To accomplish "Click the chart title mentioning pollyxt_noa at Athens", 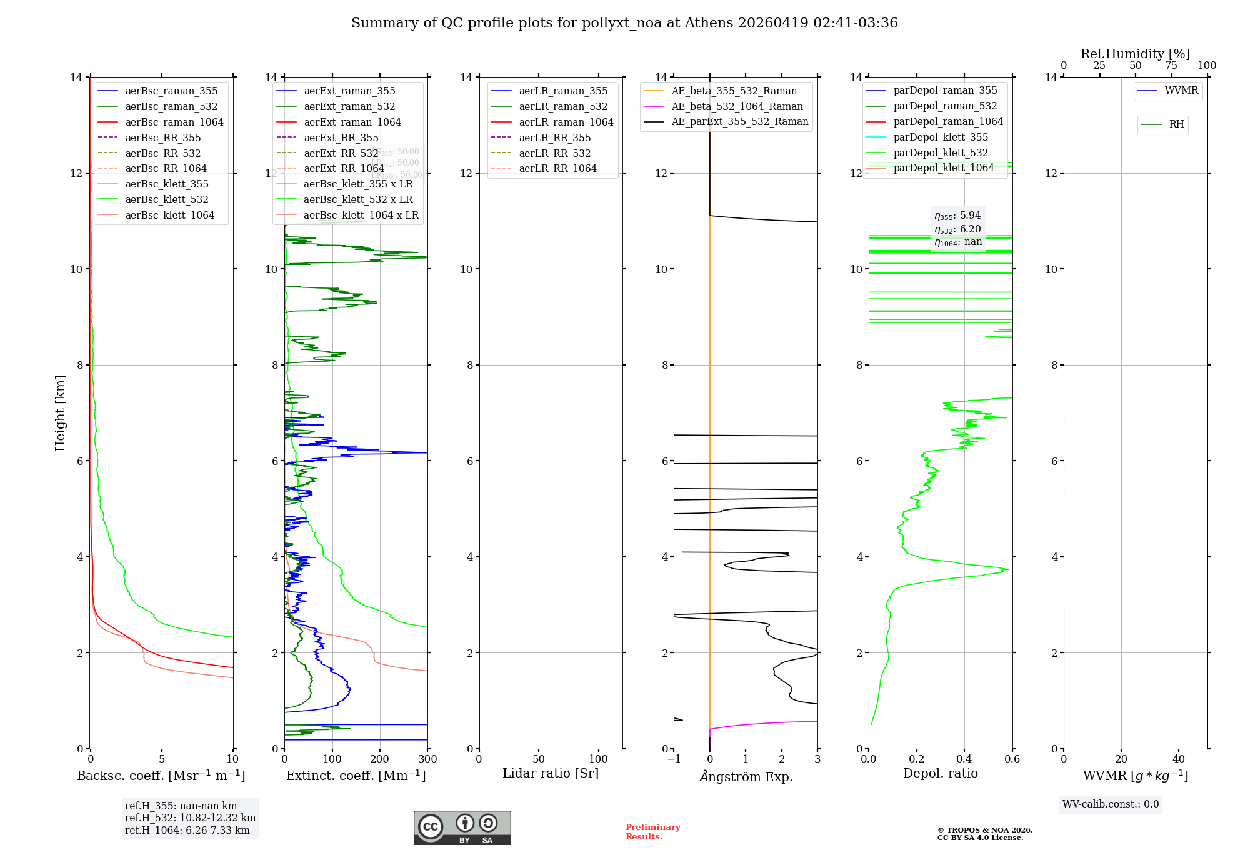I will [x=624, y=23].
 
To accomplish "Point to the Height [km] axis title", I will [x=60, y=413].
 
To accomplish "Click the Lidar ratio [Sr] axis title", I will [x=551, y=773].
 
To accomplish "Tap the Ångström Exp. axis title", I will [x=746, y=776].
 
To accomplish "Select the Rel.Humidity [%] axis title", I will [x=1135, y=54].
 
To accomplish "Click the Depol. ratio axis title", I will [x=940, y=773].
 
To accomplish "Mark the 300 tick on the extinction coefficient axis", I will [x=427, y=759].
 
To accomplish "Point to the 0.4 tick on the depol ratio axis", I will [x=964, y=759].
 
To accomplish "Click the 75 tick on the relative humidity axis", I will [x=1171, y=66].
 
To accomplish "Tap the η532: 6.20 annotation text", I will [x=957, y=229].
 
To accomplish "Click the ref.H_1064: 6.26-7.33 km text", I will [x=187, y=830].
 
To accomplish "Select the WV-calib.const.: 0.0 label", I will [x=1111, y=804].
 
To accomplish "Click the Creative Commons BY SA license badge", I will [x=462, y=827].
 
